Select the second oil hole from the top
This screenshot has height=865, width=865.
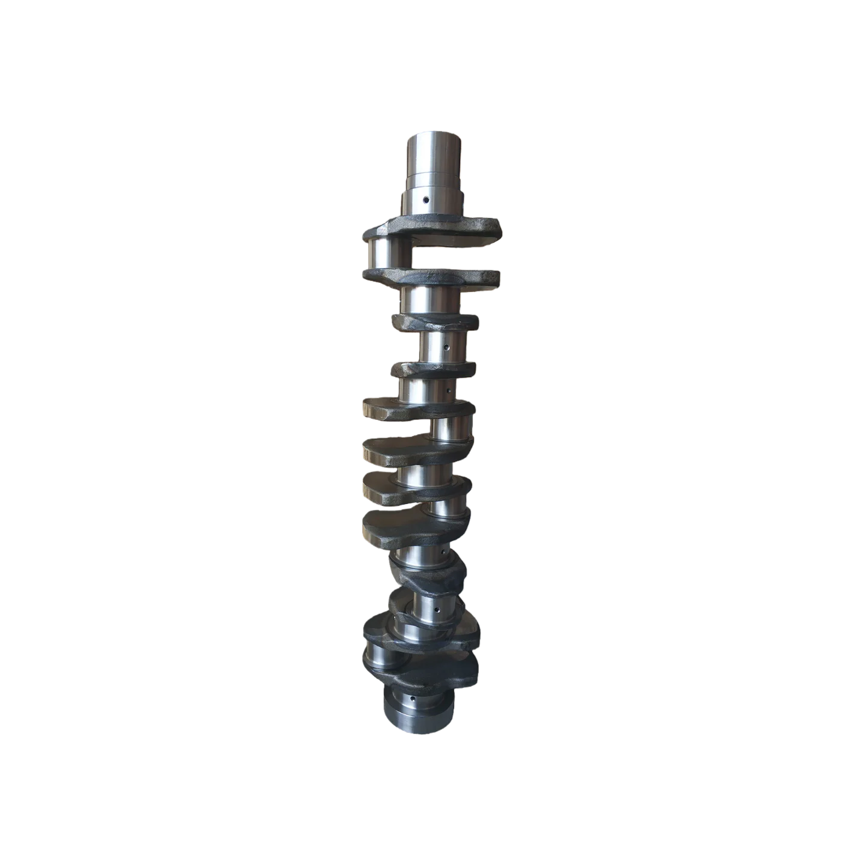(446, 348)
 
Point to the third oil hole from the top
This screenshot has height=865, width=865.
(448, 392)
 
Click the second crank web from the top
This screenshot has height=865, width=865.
(431, 279)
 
